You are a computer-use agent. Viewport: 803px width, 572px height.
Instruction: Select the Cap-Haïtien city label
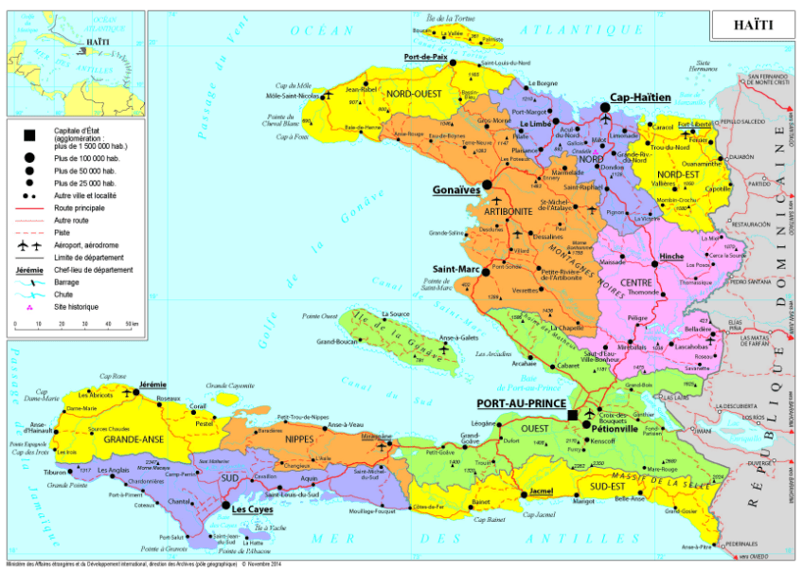[x=640, y=97]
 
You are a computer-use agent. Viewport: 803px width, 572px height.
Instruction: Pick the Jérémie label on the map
[x=152, y=384]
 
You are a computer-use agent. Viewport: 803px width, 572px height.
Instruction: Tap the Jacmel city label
[x=540, y=492]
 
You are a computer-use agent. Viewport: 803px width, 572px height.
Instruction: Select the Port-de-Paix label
[x=425, y=57]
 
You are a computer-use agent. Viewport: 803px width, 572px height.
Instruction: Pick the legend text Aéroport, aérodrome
[x=86, y=244]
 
